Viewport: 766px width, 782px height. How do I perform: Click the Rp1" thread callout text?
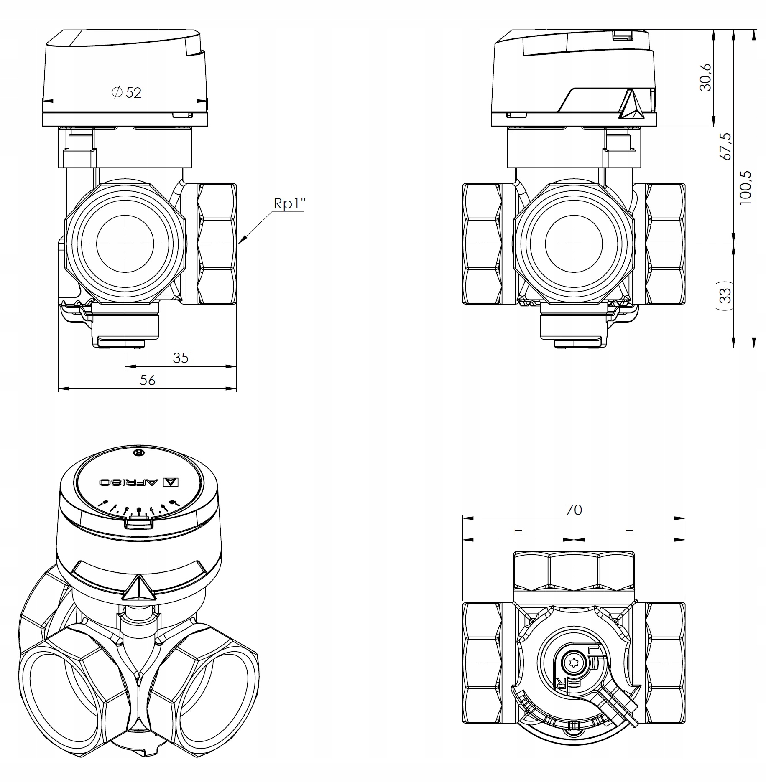click(x=289, y=203)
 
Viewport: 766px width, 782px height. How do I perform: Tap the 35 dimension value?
click(x=181, y=358)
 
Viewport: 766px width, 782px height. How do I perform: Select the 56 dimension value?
click(x=147, y=380)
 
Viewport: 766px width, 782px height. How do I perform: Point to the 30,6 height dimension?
click(x=705, y=77)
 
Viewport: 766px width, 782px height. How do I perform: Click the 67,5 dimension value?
click(x=726, y=146)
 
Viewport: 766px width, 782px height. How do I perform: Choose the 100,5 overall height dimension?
click(x=746, y=188)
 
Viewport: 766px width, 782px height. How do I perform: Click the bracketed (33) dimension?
click(x=726, y=295)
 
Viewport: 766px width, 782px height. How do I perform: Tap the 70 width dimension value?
click(x=574, y=510)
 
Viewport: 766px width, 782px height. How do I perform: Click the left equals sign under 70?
click(x=518, y=532)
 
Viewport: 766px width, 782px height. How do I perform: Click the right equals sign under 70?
click(x=629, y=532)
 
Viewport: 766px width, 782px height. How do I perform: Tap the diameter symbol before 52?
click(x=117, y=92)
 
